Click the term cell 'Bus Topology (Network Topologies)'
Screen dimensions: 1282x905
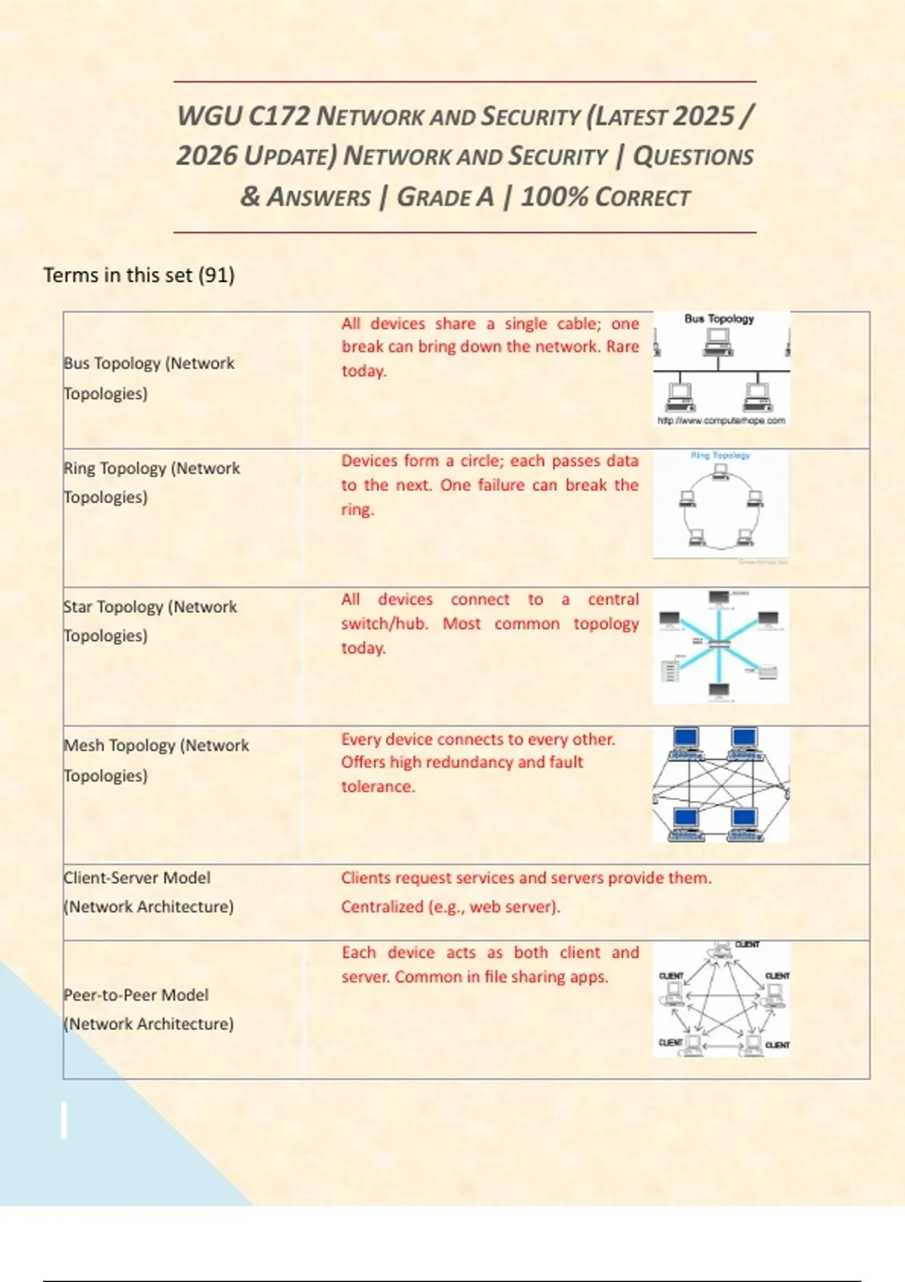[x=149, y=378]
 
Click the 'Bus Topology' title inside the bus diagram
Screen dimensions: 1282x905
[x=719, y=319]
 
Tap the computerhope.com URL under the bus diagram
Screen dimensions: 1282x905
[x=721, y=421]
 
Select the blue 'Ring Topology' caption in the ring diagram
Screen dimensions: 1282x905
[x=720, y=455]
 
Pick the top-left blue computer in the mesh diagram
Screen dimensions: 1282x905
[x=686, y=739]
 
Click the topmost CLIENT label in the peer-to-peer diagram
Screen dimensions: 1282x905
[x=747, y=945]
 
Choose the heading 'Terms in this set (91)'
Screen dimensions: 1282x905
[x=139, y=275]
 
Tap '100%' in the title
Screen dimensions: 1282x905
[x=554, y=197]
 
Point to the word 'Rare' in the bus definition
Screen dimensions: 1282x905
[x=622, y=347]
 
